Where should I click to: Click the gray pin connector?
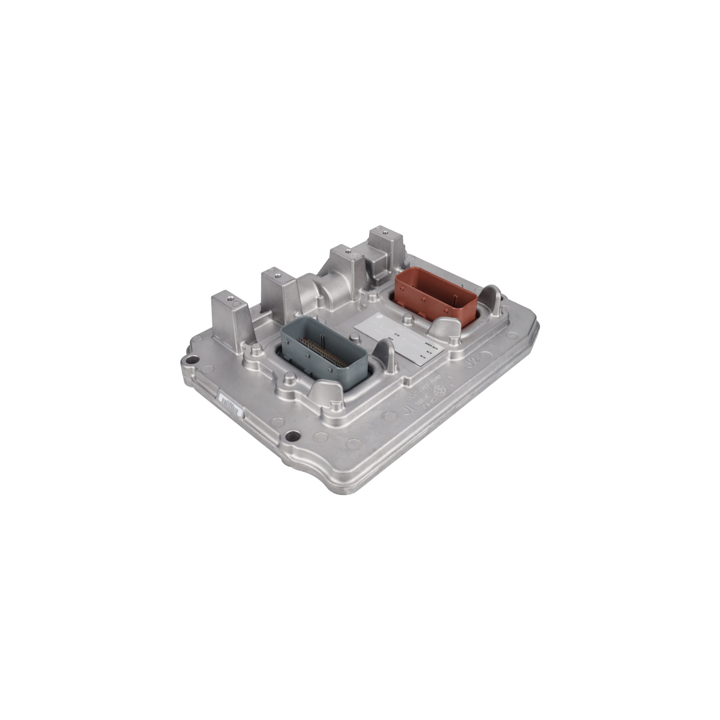[x=324, y=352]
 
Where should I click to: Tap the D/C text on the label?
[x=399, y=335]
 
